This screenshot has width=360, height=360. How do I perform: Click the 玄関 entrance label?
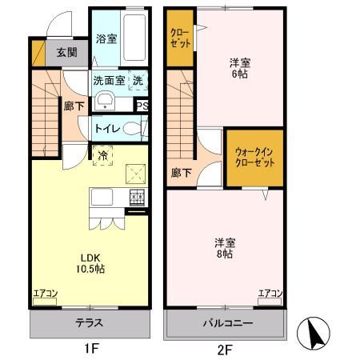click(66, 53)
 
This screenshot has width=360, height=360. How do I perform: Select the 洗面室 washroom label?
click(109, 80)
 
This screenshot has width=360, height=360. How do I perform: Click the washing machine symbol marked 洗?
click(138, 80)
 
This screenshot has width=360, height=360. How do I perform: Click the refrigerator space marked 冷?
click(103, 154)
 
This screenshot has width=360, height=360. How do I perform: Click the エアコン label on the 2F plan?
click(270, 294)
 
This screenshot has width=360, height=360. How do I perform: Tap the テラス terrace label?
click(90, 323)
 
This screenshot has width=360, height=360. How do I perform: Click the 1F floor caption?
click(90, 349)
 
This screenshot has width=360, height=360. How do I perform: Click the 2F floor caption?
click(224, 349)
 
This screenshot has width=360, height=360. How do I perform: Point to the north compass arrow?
click(312, 330)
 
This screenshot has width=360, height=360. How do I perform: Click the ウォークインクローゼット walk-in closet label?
click(254, 156)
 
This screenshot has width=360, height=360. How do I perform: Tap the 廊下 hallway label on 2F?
click(181, 171)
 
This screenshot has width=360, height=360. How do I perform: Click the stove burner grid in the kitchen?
click(138, 197)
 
